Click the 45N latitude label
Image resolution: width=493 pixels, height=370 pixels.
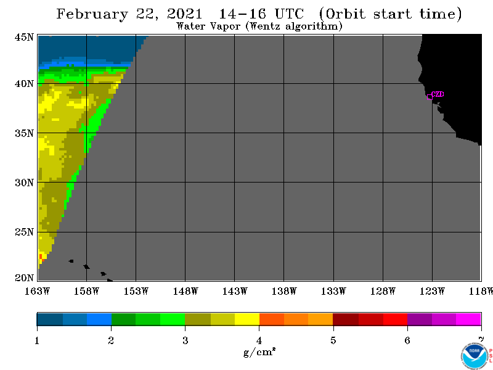(x=24, y=37)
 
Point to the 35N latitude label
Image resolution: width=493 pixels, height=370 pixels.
(x=24, y=133)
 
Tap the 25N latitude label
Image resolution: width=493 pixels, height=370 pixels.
(x=24, y=232)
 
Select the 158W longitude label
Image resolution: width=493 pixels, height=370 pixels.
(x=86, y=291)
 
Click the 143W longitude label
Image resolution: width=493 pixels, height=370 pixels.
(x=235, y=291)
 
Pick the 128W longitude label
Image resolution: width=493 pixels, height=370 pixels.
(x=383, y=291)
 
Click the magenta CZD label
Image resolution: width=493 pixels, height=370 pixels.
(x=438, y=94)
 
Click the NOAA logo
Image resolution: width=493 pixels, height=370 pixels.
(x=475, y=356)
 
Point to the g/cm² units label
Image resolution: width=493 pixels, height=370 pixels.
(x=259, y=351)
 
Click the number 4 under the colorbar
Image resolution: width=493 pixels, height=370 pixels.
(x=259, y=340)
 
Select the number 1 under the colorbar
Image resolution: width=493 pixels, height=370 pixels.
(x=37, y=340)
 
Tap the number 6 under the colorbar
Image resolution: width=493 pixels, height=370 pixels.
(x=407, y=340)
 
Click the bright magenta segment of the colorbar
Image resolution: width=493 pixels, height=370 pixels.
(x=468, y=319)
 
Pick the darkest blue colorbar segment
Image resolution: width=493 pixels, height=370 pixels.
(x=50, y=319)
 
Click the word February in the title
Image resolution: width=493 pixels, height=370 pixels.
(x=92, y=14)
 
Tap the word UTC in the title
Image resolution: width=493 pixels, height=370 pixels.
(x=289, y=14)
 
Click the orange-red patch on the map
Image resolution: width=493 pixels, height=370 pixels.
(x=41, y=257)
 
